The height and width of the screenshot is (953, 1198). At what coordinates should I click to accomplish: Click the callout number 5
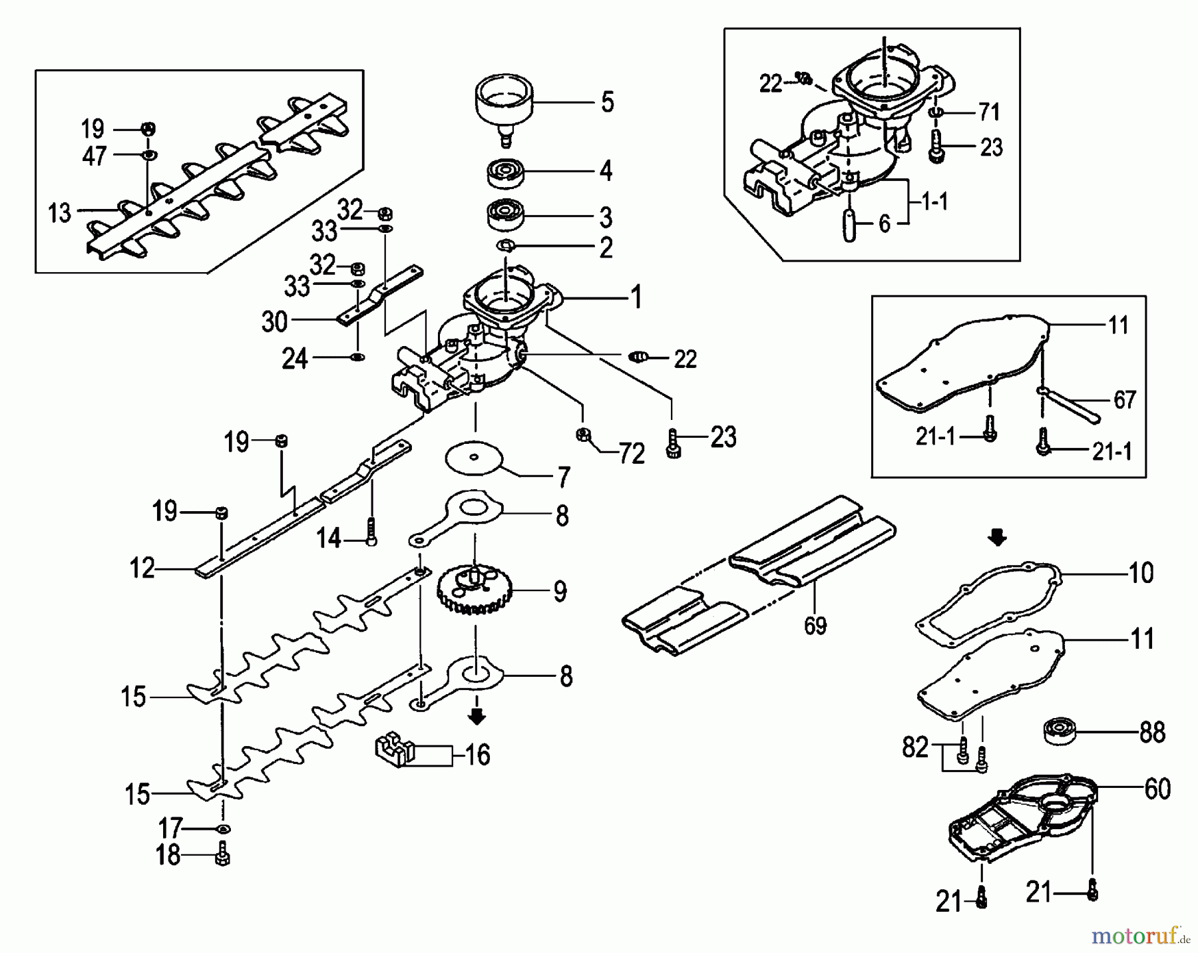(607, 102)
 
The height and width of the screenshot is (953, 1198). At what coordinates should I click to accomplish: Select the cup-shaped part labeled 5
(504, 106)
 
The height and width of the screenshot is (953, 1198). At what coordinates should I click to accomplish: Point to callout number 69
(815, 626)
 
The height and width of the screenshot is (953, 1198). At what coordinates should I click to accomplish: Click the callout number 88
(1152, 733)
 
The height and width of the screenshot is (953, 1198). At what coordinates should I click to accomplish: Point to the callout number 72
(631, 454)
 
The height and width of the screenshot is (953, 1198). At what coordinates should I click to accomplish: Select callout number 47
(94, 156)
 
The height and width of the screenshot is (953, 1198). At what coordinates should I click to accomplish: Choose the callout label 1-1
(934, 202)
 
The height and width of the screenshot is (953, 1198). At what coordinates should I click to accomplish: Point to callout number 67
(1124, 400)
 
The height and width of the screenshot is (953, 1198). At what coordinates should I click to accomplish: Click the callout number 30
(274, 321)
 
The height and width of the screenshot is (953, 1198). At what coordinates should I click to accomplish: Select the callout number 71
(989, 112)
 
